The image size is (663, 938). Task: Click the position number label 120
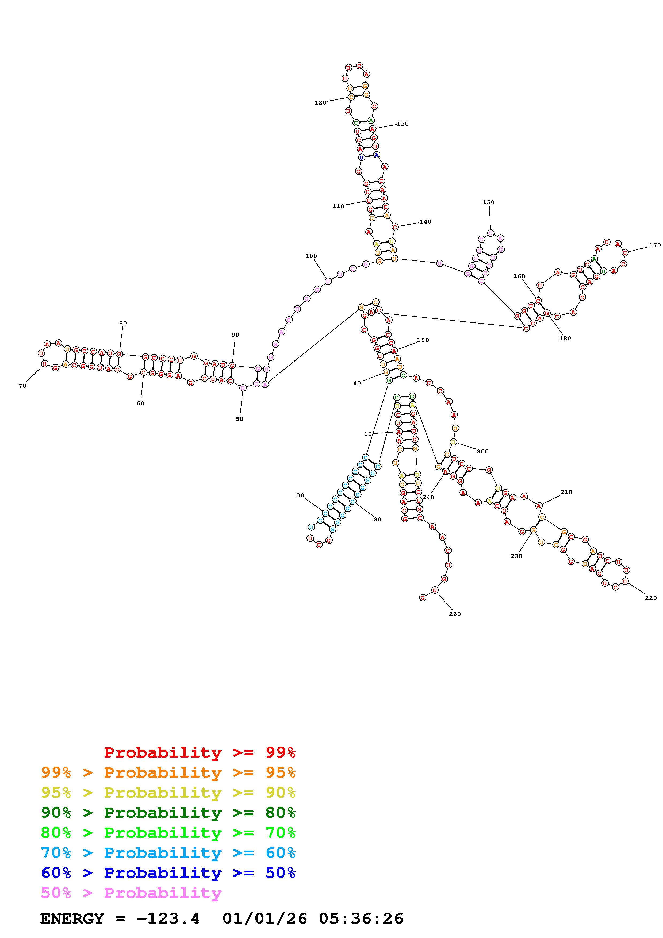coord(320,102)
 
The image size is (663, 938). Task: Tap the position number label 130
coord(403,124)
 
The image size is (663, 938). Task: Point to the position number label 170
coord(654,245)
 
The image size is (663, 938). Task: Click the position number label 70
coord(22,386)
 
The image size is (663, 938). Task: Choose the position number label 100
coord(311,256)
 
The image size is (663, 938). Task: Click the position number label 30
coord(300,495)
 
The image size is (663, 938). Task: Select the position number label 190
coord(423,340)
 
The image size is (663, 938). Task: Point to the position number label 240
coord(428,497)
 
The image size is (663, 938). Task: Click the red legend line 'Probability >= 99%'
coord(200,752)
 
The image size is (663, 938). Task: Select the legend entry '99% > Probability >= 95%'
coord(168,772)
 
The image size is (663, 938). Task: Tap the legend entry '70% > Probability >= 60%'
coord(168,853)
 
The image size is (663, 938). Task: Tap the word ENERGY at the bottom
coord(72,919)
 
